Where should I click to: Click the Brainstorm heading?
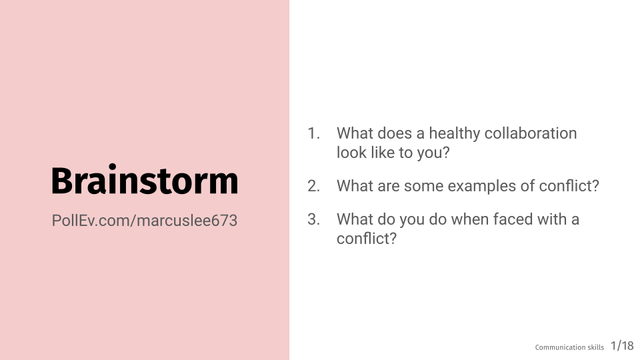[x=145, y=180]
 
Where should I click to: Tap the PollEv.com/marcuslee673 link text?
[x=145, y=221]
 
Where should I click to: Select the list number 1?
[x=313, y=133]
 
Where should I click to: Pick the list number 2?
[x=313, y=186]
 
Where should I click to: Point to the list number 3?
[x=313, y=219]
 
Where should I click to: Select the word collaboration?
[x=531, y=133]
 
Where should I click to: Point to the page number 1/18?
[x=622, y=346]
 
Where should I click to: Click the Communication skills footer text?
[x=569, y=347]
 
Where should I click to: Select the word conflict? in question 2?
[x=569, y=186]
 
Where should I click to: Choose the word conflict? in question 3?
[x=367, y=239]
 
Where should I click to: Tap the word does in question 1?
[x=394, y=133]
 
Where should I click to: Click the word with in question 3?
[x=552, y=219]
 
